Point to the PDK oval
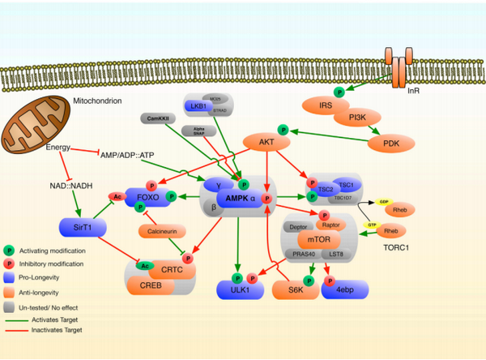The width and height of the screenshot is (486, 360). [x=391, y=144]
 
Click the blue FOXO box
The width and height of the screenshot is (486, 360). [x=147, y=197]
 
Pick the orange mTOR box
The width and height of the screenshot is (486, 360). [x=313, y=240]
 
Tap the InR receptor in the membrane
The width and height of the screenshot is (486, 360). [x=398, y=71]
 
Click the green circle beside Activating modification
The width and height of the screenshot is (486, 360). [x=11, y=251]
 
